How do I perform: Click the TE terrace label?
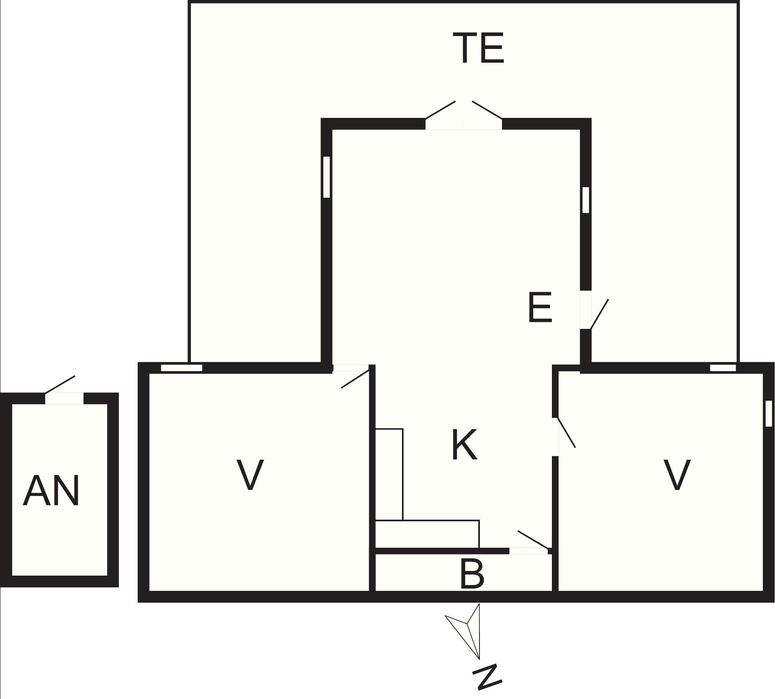(x=478, y=48)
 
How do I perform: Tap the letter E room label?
(x=540, y=308)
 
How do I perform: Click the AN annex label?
(x=51, y=490)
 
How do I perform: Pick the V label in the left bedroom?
(x=250, y=475)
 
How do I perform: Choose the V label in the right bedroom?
(x=677, y=475)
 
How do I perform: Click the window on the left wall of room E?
(x=326, y=177)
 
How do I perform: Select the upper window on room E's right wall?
(x=586, y=200)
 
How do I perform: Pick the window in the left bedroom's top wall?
(x=182, y=368)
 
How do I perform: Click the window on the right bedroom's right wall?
(x=769, y=413)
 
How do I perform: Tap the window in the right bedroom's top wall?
(x=723, y=368)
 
